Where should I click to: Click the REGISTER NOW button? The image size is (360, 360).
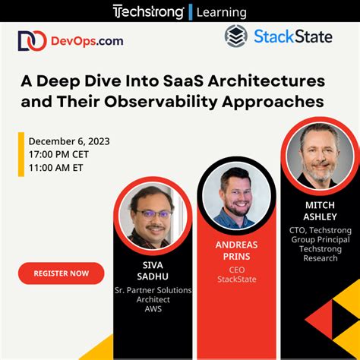(x=61, y=273)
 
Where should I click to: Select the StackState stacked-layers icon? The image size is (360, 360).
(x=236, y=36)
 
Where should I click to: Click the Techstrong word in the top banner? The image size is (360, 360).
(x=147, y=11)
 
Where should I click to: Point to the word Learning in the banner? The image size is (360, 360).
(x=221, y=12)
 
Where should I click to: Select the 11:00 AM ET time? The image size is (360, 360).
(x=57, y=167)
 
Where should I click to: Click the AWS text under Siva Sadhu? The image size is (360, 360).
(x=153, y=309)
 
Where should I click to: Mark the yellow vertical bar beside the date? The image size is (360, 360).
(x=21, y=154)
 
